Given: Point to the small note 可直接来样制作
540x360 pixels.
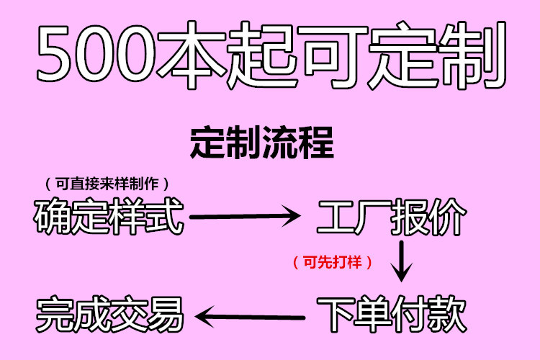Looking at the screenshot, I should (x=108, y=183).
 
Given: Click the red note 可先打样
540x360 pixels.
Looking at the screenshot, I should (x=333, y=262).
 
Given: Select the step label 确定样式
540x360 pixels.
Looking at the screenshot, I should (x=109, y=216).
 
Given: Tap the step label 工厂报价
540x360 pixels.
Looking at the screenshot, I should (x=392, y=217).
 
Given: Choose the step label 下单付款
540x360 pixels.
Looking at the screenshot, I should (x=392, y=313).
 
